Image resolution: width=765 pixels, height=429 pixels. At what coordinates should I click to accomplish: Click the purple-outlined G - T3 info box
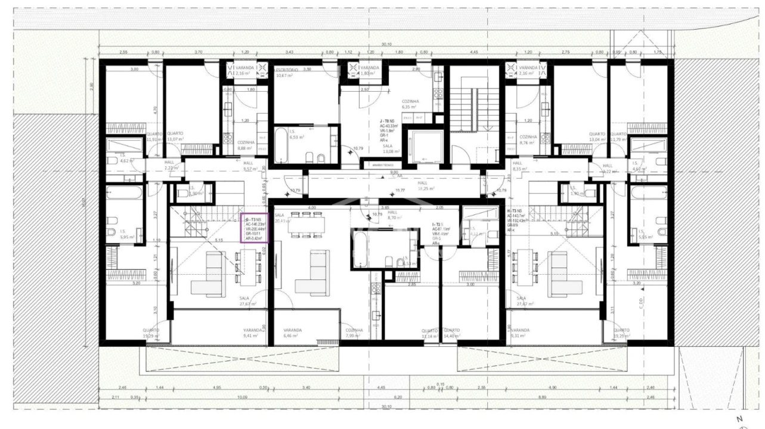[254, 226]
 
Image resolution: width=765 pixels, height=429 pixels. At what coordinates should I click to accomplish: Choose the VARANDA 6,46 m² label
[292, 332]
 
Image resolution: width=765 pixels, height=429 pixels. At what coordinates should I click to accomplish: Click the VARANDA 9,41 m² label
[253, 332]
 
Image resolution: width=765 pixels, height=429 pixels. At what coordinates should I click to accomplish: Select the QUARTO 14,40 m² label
[451, 333]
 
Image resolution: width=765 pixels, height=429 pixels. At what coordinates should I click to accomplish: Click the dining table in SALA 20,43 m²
[306, 225]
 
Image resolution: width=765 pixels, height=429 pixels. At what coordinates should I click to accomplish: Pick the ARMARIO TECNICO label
[382, 164]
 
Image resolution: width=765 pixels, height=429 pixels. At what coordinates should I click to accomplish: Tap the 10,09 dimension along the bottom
[242, 397]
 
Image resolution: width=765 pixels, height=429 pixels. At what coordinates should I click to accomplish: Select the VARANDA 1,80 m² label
[370, 70]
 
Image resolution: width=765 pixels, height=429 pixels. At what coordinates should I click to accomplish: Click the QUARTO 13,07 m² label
[175, 136]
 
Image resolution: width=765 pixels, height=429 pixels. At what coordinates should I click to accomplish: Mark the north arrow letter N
[740, 419]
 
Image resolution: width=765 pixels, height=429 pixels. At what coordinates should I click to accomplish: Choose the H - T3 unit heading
[516, 212]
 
